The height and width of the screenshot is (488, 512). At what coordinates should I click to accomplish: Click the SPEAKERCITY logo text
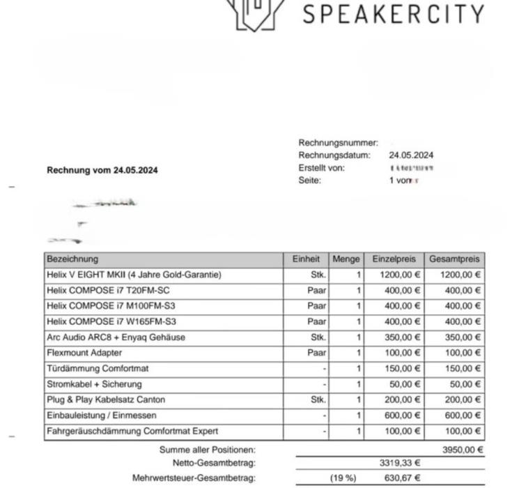394,14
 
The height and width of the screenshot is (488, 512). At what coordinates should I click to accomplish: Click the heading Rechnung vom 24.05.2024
102,170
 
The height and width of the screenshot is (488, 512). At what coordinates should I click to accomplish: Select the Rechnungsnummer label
338,143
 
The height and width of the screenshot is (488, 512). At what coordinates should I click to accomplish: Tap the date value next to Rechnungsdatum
411,155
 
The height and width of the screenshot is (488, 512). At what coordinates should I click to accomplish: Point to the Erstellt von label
321,168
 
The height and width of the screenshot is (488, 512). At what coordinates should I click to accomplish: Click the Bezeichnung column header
72,259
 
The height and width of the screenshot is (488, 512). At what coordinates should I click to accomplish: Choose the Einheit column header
306,259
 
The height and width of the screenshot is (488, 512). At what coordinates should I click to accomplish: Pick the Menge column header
346,259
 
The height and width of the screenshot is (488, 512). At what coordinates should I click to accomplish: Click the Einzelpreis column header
394,259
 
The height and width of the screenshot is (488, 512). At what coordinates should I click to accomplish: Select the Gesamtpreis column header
455,259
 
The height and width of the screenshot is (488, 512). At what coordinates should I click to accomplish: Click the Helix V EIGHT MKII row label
134,275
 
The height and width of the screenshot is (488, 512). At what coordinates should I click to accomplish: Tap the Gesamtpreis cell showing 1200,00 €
460,275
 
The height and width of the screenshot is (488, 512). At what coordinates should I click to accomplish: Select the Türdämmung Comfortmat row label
98,369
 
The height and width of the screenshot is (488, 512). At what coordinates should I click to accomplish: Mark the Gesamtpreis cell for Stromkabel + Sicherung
463,385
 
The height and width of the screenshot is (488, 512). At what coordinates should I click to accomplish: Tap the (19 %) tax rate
343,478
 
